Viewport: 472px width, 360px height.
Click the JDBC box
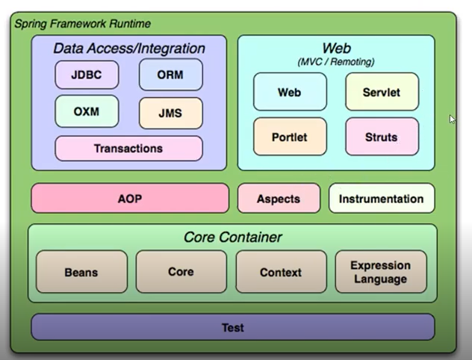click(87, 75)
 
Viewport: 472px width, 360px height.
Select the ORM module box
click(170, 75)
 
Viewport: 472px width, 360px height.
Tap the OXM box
click(87, 112)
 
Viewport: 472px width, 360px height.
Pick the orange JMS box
click(170, 114)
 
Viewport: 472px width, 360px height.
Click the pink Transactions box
click(128, 149)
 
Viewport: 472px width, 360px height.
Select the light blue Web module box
click(290, 92)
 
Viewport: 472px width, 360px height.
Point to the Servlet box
click(382, 92)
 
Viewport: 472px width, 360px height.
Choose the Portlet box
click(290, 137)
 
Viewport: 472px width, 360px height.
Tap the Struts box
click(382, 137)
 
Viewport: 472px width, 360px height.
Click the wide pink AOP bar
click(130, 199)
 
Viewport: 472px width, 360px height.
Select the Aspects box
click(279, 199)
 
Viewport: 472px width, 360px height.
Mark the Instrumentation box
click(381, 199)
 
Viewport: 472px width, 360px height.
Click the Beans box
click(81, 272)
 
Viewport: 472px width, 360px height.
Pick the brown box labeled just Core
click(181, 272)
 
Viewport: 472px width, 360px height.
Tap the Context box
click(281, 272)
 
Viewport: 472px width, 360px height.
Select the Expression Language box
click(381, 272)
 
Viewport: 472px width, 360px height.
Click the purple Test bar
click(232, 327)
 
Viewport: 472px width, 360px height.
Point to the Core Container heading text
click(232, 238)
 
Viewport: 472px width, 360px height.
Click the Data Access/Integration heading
click(129, 49)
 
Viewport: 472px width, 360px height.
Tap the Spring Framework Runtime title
click(83, 24)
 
